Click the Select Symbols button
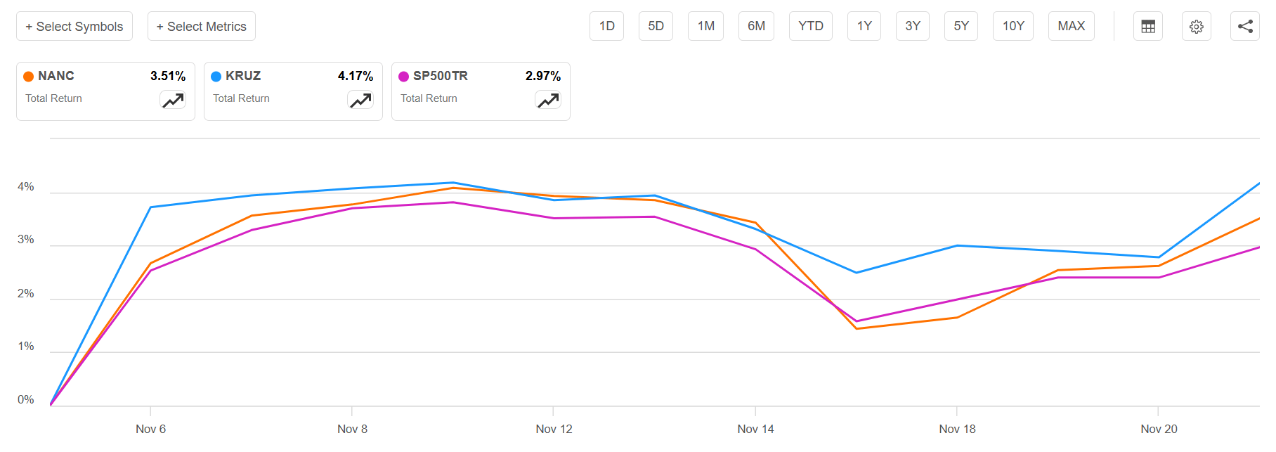[x=74, y=27]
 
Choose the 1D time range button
[x=606, y=26]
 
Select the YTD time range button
[x=810, y=26]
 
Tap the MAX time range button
[x=1071, y=26]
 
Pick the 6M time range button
[x=756, y=26]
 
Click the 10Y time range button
[x=1013, y=26]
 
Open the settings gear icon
[x=1196, y=27]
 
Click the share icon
[x=1245, y=27]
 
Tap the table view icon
[x=1148, y=27]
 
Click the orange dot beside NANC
[x=29, y=77]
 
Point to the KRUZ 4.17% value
[x=356, y=76]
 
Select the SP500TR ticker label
[x=440, y=76]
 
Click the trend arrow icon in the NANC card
[x=173, y=101]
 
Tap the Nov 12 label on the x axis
[x=554, y=429]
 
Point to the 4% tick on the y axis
[x=26, y=187]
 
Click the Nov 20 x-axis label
[x=1159, y=429]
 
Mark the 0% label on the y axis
[x=26, y=400]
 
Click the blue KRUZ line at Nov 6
[x=151, y=207]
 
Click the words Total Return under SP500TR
[x=429, y=98]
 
